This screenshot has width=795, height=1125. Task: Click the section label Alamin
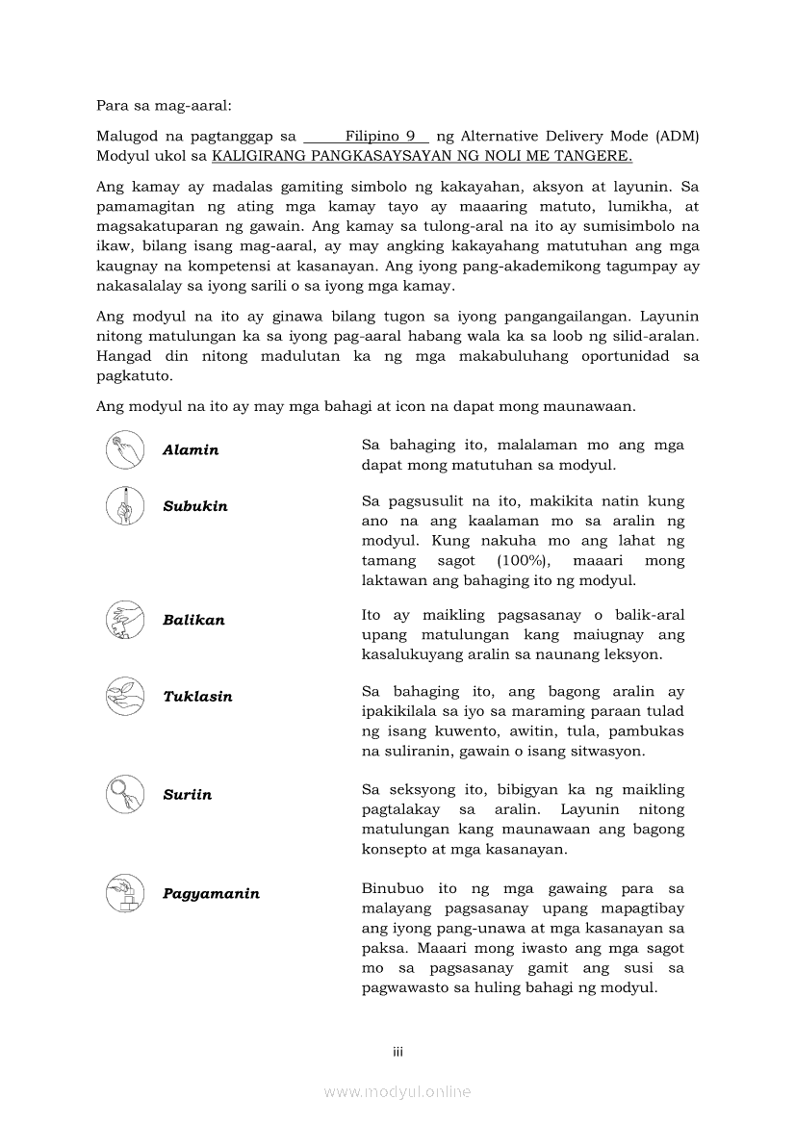[x=191, y=450]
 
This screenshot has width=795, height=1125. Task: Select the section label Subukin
[x=195, y=507]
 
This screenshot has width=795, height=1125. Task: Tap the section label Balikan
[x=193, y=621]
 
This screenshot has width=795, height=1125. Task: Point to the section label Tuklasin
[x=197, y=697]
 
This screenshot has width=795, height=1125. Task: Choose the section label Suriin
[x=187, y=795]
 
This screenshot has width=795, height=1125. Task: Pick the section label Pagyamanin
[x=211, y=894]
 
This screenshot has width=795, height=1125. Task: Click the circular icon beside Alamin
[x=125, y=449]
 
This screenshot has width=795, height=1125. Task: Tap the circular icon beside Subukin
[x=125, y=506]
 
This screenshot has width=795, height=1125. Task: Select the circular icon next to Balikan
[x=125, y=620]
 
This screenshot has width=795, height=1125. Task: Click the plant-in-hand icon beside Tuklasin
[x=125, y=696]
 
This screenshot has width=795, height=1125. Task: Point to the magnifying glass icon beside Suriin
[x=125, y=794]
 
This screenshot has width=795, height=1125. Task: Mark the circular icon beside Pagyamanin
[x=125, y=893]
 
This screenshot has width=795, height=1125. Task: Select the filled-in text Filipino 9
[x=380, y=137]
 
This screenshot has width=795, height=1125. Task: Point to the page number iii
[x=397, y=1052]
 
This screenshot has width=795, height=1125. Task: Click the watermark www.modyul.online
[x=397, y=1091]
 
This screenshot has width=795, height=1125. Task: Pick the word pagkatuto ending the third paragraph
[x=134, y=376]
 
